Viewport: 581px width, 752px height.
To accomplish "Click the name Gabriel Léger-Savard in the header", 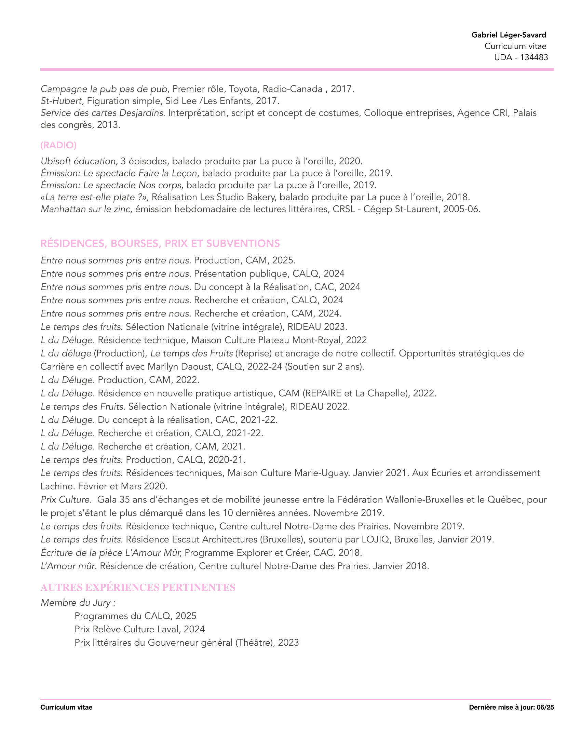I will click(x=509, y=35).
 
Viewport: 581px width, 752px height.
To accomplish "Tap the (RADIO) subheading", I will click(x=58, y=145).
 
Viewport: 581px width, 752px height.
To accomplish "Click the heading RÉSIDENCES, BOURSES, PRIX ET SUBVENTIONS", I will click(x=160, y=243).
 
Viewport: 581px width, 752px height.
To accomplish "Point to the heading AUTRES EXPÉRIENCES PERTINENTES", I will click(x=138, y=587).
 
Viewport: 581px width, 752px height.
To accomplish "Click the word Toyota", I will click(x=243, y=89).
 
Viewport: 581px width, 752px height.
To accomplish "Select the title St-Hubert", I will click(x=62, y=101).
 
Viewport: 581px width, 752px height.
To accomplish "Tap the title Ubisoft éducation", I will click(x=79, y=161).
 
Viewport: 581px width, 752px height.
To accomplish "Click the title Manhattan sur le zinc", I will click(x=86, y=209).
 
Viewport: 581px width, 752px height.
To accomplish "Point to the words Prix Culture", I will click(x=65, y=499).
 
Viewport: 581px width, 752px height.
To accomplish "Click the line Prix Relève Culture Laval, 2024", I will click(x=139, y=629).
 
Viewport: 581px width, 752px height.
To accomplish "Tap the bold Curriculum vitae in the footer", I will click(x=66, y=707).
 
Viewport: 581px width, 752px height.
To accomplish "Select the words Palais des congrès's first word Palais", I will click(x=525, y=113).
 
